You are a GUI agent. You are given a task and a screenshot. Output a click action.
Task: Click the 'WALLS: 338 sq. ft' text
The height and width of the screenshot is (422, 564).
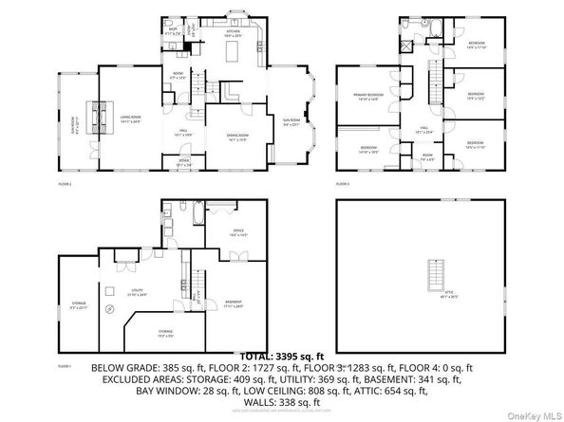point(282,401)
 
